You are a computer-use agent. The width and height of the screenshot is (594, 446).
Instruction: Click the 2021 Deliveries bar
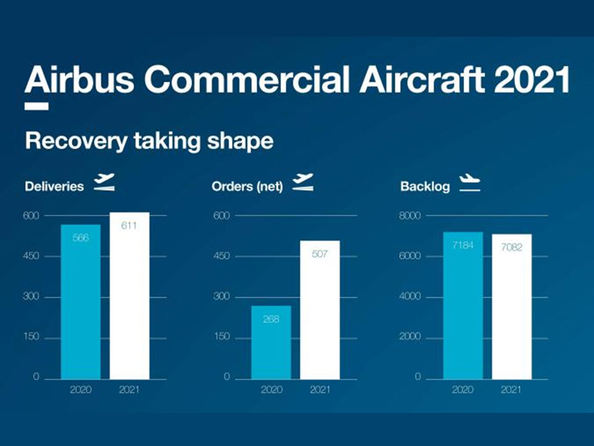point(129,296)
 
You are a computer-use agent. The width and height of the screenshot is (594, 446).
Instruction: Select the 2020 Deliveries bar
point(81,302)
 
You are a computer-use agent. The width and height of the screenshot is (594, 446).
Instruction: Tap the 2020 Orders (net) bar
point(271,343)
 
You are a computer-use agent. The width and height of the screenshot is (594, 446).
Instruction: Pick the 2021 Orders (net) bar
point(320,310)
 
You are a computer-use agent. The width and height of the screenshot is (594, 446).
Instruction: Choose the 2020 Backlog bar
point(463,305)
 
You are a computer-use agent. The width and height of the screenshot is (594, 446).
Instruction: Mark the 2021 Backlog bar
point(512,307)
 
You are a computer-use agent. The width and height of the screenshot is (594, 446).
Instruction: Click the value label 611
point(129,226)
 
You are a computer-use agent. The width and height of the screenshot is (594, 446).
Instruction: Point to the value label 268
point(271,319)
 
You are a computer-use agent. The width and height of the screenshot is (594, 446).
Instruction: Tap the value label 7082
point(512,247)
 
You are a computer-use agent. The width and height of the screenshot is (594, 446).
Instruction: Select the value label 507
point(320,254)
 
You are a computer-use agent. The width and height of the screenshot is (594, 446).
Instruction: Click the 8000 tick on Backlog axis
point(410,216)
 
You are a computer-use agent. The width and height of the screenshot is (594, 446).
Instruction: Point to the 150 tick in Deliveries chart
point(31,336)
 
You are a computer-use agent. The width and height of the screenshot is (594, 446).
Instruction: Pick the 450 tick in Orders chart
point(222,256)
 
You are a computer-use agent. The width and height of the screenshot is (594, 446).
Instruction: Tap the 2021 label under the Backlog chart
point(511,390)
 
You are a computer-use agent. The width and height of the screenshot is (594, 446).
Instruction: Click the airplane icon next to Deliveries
point(104,182)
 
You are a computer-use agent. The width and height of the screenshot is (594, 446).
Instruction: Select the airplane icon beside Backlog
point(470,183)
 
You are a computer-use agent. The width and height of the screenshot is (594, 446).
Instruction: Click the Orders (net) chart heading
point(247,186)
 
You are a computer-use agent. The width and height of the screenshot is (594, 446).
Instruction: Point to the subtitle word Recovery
point(76,141)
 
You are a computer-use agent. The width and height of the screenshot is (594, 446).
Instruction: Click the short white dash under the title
point(37,106)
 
